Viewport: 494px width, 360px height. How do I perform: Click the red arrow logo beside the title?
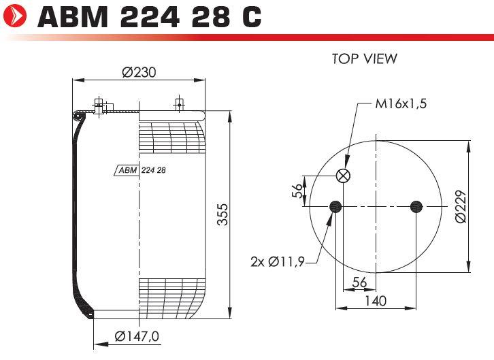coord(15,15)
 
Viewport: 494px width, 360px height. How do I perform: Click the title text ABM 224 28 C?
coord(149,16)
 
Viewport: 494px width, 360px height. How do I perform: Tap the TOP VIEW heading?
coord(365,59)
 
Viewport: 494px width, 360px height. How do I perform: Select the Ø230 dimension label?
coord(139,72)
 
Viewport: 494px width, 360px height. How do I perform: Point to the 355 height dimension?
coord(223,214)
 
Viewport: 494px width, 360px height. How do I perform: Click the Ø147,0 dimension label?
coord(137,336)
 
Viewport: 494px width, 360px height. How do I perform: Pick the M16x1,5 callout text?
coord(401,103)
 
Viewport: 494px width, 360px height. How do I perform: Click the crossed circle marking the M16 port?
coord(343,176)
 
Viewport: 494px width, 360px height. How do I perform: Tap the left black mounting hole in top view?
coord(335,207)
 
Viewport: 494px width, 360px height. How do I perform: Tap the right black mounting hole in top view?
coord(416,207)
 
